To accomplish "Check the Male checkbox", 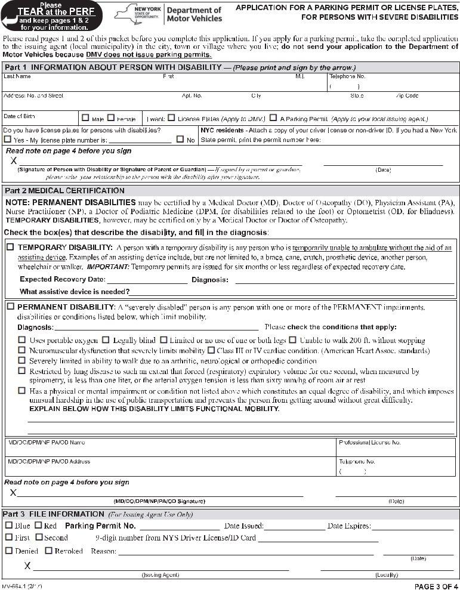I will (85, 118).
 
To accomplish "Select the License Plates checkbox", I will (171, 118).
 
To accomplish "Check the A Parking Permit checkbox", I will (273, 118).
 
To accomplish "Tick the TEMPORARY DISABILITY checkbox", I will (10, 247).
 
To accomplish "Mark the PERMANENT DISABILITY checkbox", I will (10, 307).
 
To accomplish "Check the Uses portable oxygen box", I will (22, 340).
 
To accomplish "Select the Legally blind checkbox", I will (106, 340).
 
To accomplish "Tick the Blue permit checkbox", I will (8, 526).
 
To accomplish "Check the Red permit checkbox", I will (38, 526).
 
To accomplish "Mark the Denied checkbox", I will (8, 551).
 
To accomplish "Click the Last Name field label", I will (17, 76).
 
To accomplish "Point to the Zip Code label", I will (407, 95).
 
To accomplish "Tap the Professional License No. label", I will (369, 443).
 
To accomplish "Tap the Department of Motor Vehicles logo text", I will (194, 14).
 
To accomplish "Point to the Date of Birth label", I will (18, 116).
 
